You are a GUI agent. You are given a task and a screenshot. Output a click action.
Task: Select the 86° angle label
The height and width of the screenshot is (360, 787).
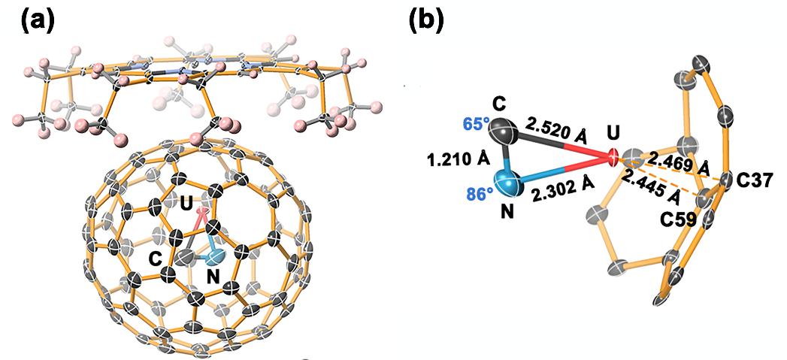click(x=474, y=192)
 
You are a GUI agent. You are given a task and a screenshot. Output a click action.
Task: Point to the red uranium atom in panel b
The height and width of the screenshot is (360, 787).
click(x=612, y=158)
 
